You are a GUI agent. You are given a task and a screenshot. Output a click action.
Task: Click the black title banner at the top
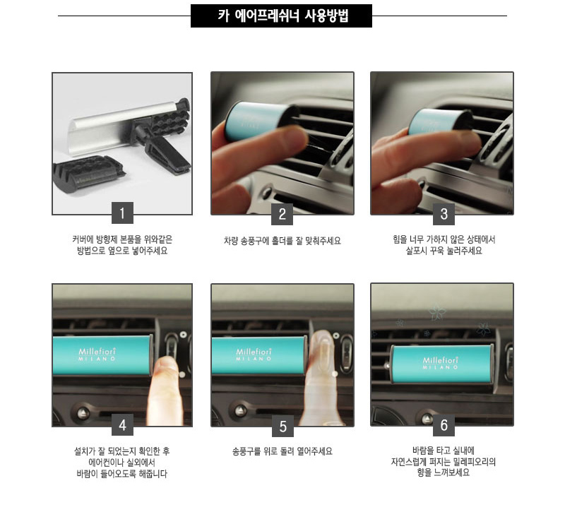281,16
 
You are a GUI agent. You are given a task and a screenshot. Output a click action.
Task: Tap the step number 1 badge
122,213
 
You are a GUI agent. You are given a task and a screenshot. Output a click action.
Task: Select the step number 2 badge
282,214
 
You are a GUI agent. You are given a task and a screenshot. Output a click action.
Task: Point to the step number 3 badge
444,214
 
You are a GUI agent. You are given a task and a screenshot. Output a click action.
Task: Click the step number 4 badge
122,424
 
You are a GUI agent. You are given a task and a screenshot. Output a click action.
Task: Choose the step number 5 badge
283,426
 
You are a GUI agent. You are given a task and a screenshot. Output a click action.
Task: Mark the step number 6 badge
444,425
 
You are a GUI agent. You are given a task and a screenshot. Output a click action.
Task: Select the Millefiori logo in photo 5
254,354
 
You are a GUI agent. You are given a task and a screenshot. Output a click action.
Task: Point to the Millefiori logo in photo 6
440,362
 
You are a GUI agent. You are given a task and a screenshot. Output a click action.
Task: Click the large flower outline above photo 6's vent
437,312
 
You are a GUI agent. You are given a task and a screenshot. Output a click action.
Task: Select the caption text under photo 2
282,241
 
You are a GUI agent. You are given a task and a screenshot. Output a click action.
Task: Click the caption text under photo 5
282,451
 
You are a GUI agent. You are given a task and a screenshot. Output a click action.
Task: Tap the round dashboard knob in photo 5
241,410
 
